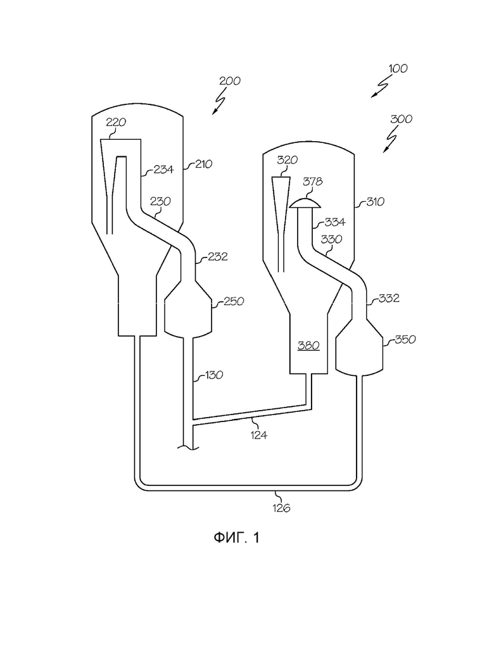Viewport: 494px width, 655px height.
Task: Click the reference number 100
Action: click(398, 68)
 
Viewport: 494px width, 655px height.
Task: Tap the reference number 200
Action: click(230, 80)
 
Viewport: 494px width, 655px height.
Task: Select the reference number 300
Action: click(402, 119)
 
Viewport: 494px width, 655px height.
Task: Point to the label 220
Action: click(116, 122)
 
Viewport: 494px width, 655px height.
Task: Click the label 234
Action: click(163, 169)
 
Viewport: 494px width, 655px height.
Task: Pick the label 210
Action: click(203, 164)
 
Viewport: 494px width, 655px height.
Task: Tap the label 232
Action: click(217, 256)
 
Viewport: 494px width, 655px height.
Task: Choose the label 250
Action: click(234, 301)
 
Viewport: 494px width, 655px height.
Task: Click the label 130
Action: click(213, 375)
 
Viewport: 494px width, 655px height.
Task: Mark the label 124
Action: click(259, 435)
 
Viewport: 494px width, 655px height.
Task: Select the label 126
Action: click(281, 508)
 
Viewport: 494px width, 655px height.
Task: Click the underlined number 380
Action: click(308, 346)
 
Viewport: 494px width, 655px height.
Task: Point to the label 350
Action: click(405, 339)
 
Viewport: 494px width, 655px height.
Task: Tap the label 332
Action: click(389, 298)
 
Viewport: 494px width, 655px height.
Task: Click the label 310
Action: click(375, 202)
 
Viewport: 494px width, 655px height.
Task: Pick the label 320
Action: click(288, 160)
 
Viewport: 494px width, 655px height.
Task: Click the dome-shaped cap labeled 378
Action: click(306, 204)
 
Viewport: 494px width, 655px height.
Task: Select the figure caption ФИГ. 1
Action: click(237, 537)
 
